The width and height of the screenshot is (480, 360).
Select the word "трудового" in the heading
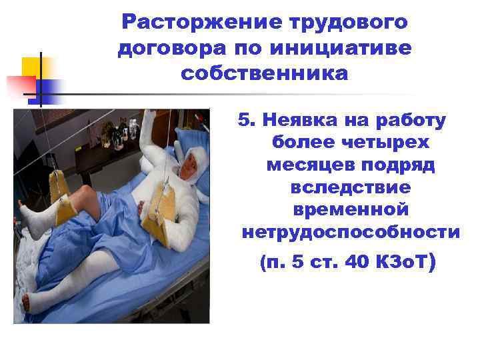(349, 23)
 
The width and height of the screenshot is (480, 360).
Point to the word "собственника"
(264, 73)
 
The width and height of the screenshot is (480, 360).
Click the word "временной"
(351, 210)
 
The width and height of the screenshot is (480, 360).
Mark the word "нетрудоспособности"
(351, 233)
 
